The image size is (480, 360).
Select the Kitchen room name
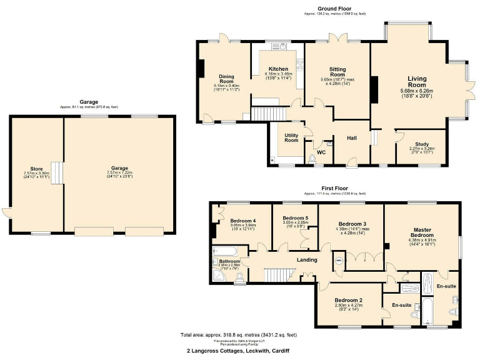[x=278, y=69]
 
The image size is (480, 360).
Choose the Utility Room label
[x=291, y=138]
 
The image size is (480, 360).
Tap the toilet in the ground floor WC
[x=312, y=157]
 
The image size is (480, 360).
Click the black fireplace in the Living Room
[x=374, y=89]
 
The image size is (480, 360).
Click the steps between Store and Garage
[x=57, y=173]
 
